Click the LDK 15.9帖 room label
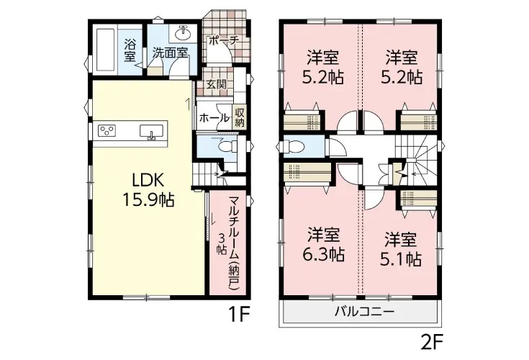(x=148, y=191)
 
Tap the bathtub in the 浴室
(x=106, y=50)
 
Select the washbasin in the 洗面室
(x=183, y=33)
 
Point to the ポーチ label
(x=223, y=41)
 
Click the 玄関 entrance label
(x=216, y=84)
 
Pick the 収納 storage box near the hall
(x=240, y=117)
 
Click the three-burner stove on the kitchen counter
(x=107, y=130)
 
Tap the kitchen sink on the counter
(x=151, y=131)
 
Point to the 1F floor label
(x=239, y=315)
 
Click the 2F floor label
(x=432, y=343)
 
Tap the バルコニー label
(x=364, y=311)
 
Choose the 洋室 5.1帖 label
(x=401, y=249)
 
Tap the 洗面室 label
(x=171, y=53)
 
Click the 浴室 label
(x=130, y=50)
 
